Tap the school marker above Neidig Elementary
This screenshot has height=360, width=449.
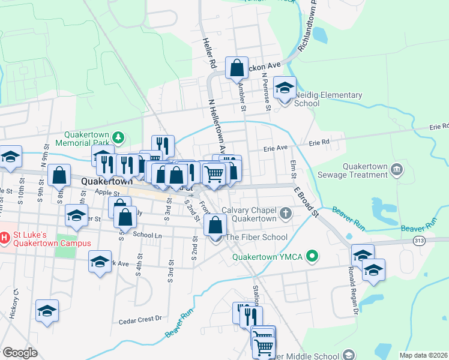tap(285, 88)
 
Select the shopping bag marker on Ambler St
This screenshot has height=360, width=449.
tap(237, 68)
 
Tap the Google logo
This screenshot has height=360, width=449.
tap(20, 353)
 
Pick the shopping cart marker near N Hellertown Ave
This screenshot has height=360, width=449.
tap(214, 173)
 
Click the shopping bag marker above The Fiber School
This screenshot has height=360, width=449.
tap(215, 226)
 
